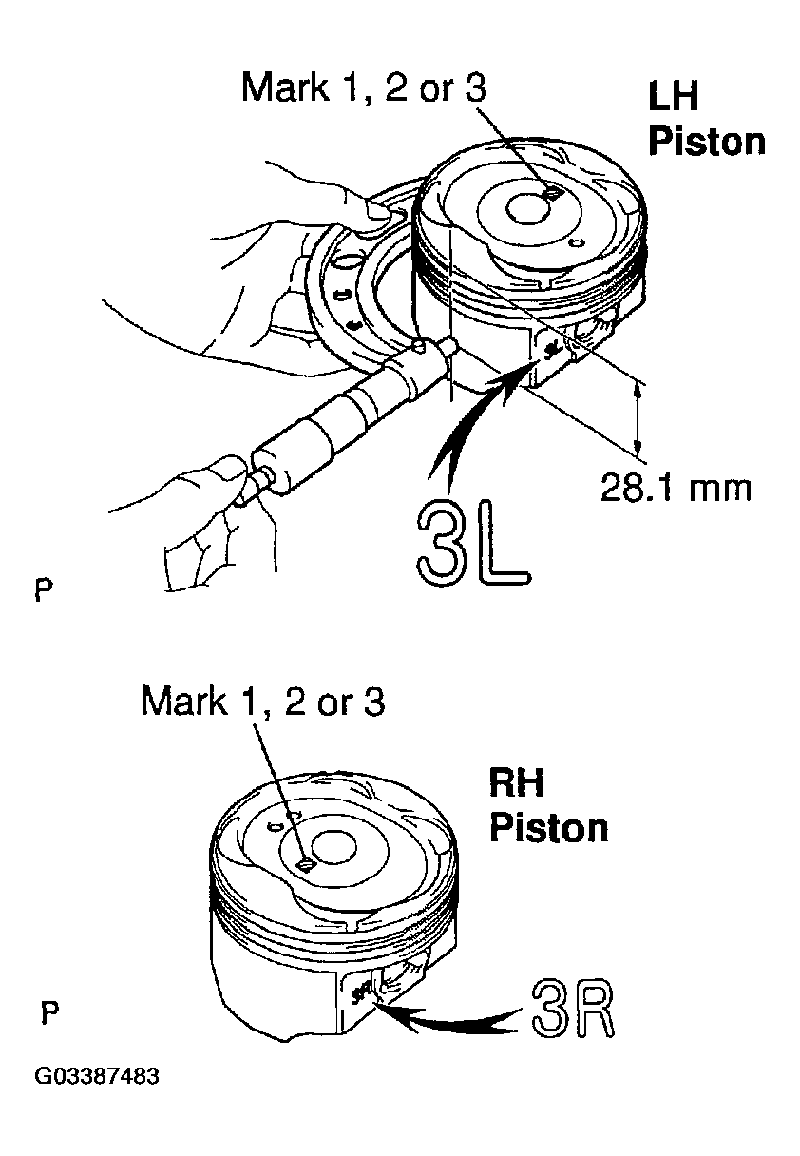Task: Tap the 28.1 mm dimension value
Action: click(675, 488)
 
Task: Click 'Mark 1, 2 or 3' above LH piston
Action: click(364, 88)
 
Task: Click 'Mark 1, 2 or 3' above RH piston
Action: click(262, 702)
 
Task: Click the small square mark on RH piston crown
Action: click(304, 864)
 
